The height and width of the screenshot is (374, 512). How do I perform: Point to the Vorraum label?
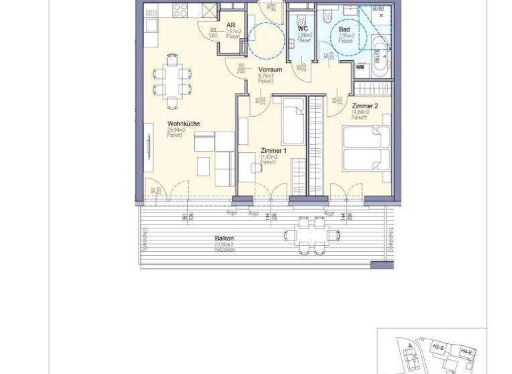coord(267,69)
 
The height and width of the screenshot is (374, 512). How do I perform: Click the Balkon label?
coord(224,238)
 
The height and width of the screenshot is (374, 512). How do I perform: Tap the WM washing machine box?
coord(359,67)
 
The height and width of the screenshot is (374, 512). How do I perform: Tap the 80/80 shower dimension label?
coord(378,9)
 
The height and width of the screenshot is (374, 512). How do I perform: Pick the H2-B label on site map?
coord(437,347)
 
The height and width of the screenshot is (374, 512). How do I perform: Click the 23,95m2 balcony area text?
coord(225,244)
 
